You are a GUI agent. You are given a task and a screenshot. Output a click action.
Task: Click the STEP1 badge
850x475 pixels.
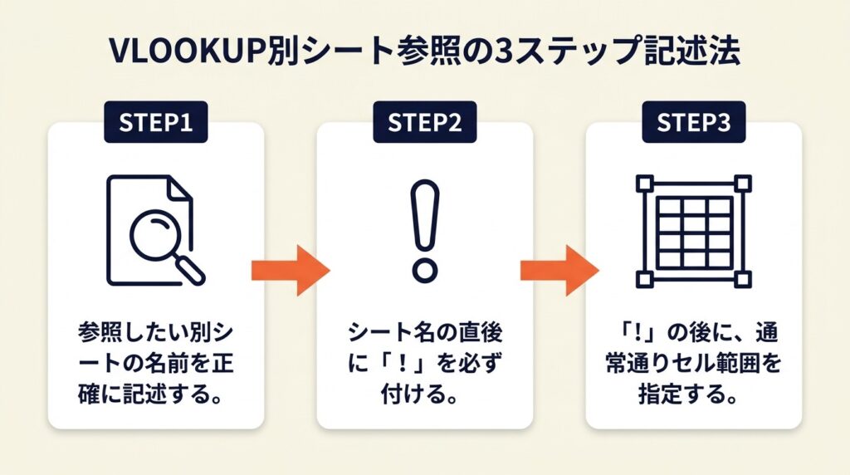pos(156,122)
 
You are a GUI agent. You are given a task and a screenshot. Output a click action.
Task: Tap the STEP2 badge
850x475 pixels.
pos(425,122)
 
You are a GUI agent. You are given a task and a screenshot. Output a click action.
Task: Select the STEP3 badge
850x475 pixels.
pos(694,122)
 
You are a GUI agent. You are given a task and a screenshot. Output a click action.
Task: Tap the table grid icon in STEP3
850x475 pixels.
pos(693,232)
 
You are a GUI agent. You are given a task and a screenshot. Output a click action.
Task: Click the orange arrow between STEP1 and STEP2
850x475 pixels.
pos(291,269)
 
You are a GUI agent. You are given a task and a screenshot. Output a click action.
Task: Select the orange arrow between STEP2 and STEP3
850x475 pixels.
pos(559,269)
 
